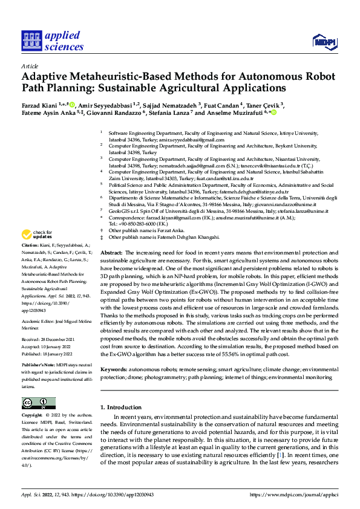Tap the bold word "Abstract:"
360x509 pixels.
coord(111,251)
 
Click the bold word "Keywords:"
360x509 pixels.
coord(113,369)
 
